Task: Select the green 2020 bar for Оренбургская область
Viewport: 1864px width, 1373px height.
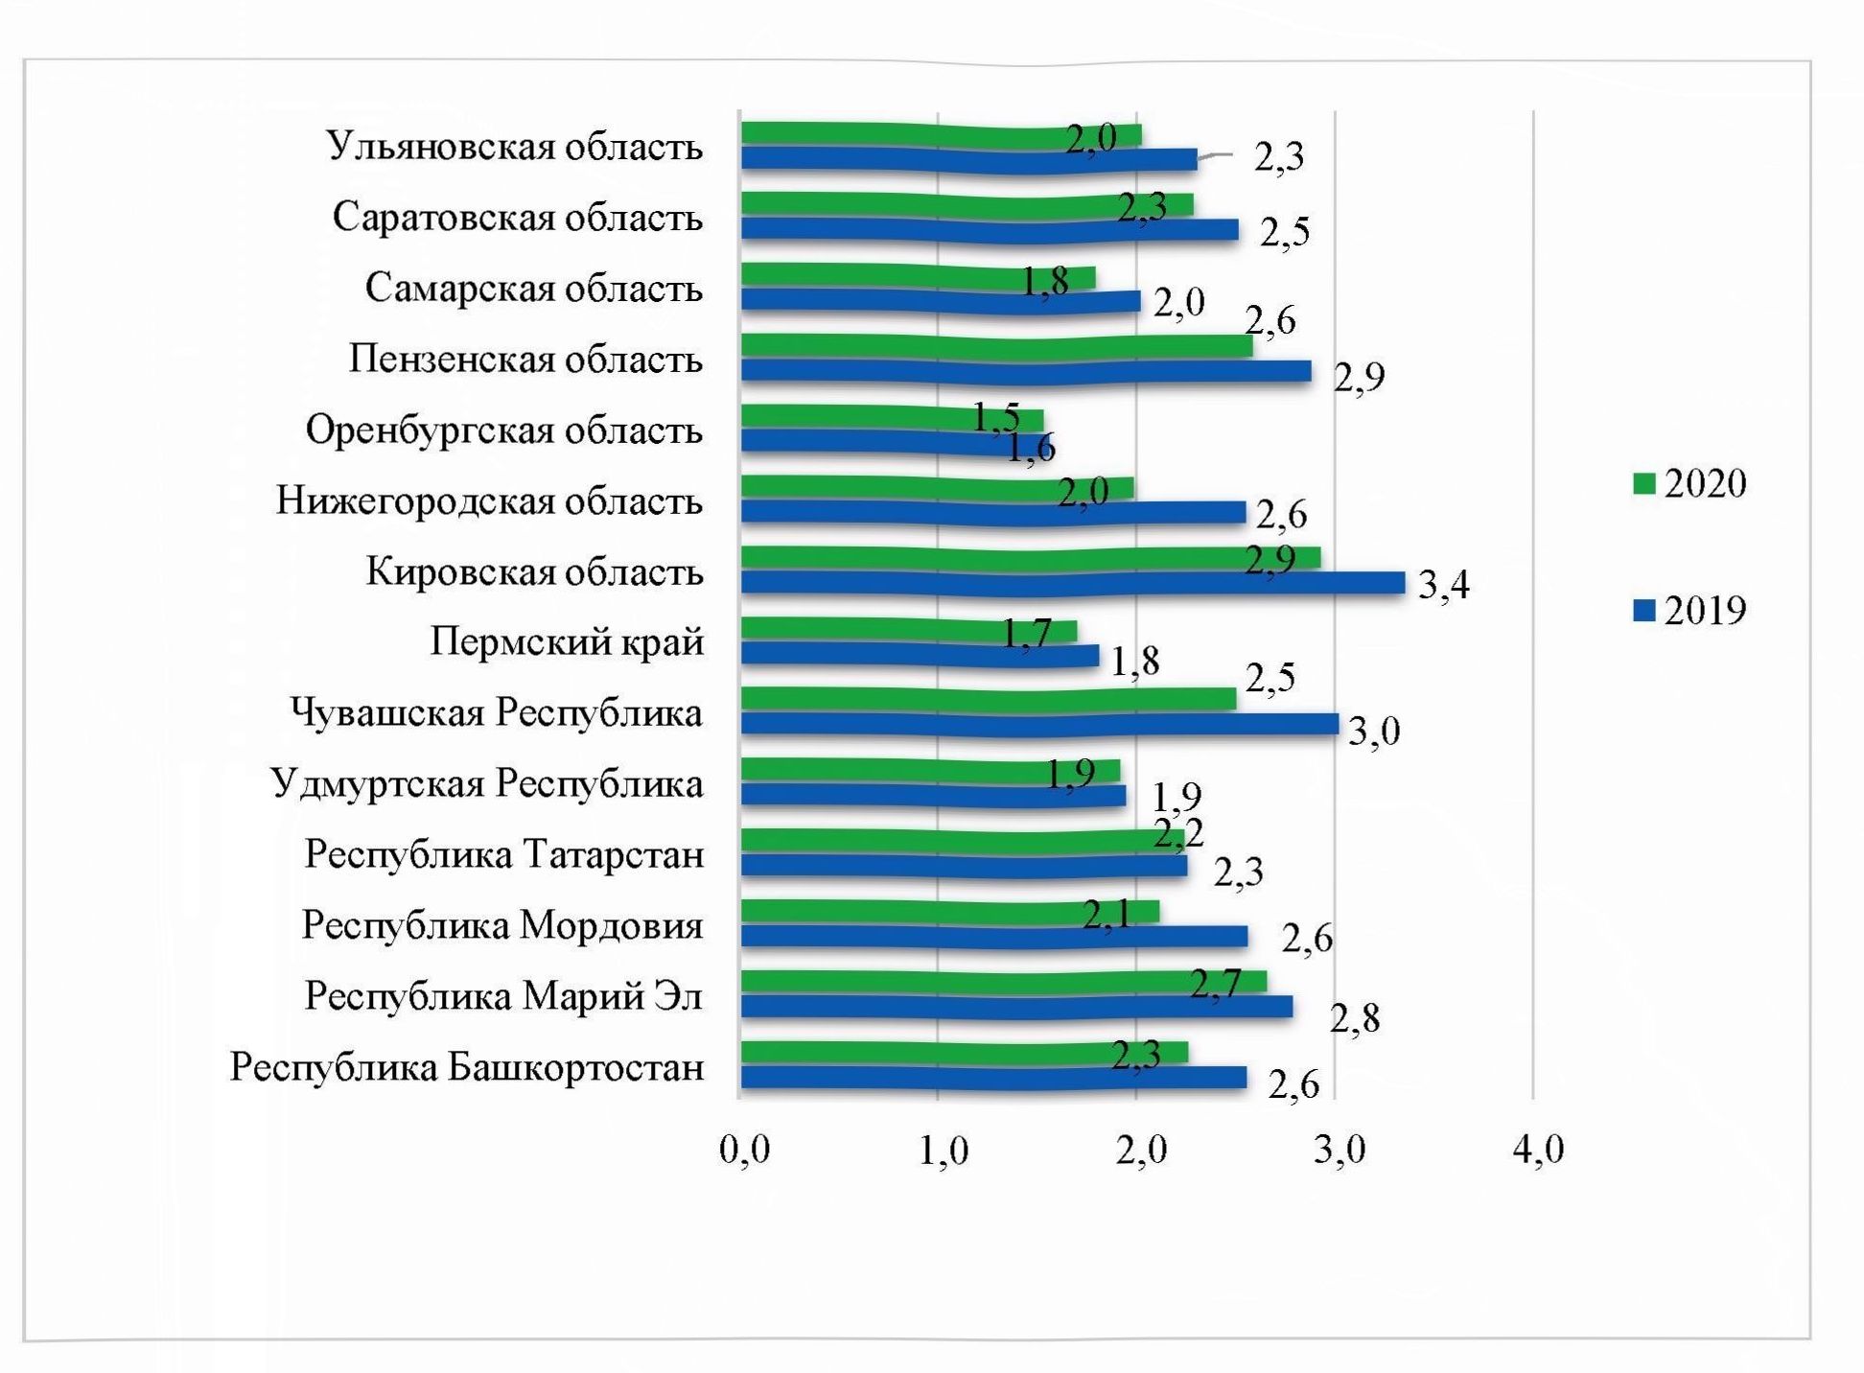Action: [892, 418]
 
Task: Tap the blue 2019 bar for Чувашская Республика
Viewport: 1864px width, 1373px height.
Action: [1039, 724]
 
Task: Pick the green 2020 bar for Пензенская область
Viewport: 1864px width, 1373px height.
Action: [997, 346]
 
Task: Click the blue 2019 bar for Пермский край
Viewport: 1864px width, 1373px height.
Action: [920, 655]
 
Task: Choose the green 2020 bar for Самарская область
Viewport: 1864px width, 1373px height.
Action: [918, 276]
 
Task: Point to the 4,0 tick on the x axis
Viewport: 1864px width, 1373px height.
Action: [1538, 1149]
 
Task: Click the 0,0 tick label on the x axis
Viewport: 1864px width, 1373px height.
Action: [745, 1149]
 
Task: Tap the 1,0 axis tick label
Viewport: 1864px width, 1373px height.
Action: [944, 1149]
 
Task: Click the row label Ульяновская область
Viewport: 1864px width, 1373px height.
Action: [515, 147]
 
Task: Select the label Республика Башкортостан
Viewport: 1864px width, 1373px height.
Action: [467, 1067]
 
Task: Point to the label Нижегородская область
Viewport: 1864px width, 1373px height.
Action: [489, 501]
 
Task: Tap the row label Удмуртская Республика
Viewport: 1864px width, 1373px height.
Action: [487, 784]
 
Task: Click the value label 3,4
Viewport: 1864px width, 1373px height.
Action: [1443, 584]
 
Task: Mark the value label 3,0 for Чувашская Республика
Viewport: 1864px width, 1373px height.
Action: [1373, 732]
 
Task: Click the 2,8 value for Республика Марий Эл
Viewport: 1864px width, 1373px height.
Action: [1354, 1019]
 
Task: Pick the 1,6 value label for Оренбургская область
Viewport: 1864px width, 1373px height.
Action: [1031, 448]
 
